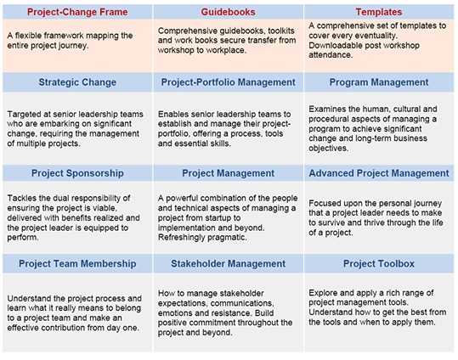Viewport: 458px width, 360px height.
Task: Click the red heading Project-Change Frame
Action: point(77,12)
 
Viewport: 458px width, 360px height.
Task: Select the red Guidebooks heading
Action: point(228,12)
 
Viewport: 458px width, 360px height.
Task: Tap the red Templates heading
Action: point(379,12)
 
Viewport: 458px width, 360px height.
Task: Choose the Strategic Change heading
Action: point(77,82)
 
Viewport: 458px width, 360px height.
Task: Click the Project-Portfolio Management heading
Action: point(228,82)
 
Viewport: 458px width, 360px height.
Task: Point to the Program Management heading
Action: point(379,82)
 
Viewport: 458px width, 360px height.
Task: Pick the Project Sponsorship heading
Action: point(77,173)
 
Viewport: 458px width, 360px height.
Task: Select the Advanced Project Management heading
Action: point(379,173)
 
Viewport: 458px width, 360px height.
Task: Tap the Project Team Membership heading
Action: point(77,264)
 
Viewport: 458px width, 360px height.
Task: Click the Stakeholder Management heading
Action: point(228,264)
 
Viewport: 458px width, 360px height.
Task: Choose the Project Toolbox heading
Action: point(379,264)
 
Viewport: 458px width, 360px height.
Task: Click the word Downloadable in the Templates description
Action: point(330,45)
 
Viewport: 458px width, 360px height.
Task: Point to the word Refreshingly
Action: point(181,238)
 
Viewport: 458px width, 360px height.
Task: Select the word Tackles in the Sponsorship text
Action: point(22,198)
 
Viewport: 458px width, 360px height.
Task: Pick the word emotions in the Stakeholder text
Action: point(176,313)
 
